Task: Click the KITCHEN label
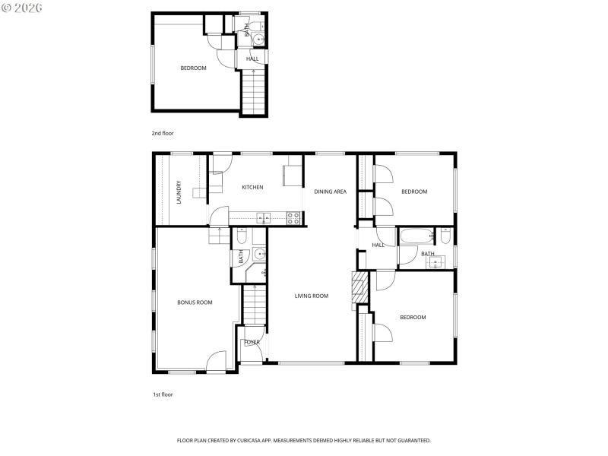[x=252, y=188]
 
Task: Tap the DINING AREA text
[x=330, y=192]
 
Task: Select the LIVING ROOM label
[x=312, y=296]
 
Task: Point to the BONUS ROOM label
[x=195, y=302]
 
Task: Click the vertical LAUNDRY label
[x=179, y=192]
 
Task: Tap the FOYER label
[x=252, y=343]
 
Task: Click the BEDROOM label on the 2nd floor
[x=193, y=68]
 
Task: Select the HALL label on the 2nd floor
[x=252, y=59]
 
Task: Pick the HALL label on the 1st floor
[x=378, y=245]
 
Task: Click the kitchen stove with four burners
[x=293, y=218]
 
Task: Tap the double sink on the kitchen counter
[x=263, y=218]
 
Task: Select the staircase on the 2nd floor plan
[x=255, y=91]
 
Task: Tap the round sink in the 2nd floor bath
[x=259, y=40]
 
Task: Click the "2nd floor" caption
[x=163, y=133]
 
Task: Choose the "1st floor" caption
[x=163, y=394]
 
